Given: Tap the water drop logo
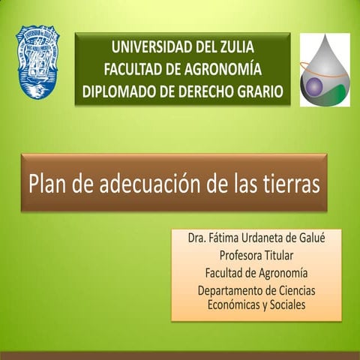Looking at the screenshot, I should pyautogui.click(x=324, y=70).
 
